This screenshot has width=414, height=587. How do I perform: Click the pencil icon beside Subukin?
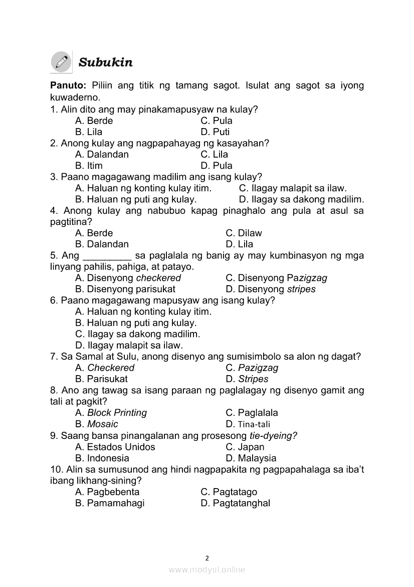tap(62, 62)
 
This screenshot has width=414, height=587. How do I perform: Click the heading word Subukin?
tap(106, 63)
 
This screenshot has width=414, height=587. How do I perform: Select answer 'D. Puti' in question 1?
tap(215, 132)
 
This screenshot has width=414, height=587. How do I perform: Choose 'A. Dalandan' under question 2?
tap(102, 155)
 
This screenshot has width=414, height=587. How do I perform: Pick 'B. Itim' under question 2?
tap(89, 166)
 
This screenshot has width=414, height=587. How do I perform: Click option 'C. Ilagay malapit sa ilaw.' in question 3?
tap(293, 188)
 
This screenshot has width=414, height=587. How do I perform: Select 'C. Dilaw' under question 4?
tap(244, 233)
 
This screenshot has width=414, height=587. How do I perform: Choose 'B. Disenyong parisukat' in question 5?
tap(125, 289)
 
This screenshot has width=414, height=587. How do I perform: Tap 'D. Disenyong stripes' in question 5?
tap(271, 289)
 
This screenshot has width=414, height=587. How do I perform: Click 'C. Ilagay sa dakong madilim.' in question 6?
tap(137, 334)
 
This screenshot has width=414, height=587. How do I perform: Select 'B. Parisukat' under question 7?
tap(101, 379)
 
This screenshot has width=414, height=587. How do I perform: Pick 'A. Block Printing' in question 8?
tap(111, 413)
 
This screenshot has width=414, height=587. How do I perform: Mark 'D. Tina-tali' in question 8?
tap(248, 424)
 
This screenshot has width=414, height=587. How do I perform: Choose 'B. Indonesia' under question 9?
tap(102, 458)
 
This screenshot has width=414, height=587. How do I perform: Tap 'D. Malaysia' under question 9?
tap(251, 458)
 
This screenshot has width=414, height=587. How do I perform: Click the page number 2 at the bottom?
tap(207, 558)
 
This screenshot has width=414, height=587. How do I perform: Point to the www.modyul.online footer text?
tap(207, 570)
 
